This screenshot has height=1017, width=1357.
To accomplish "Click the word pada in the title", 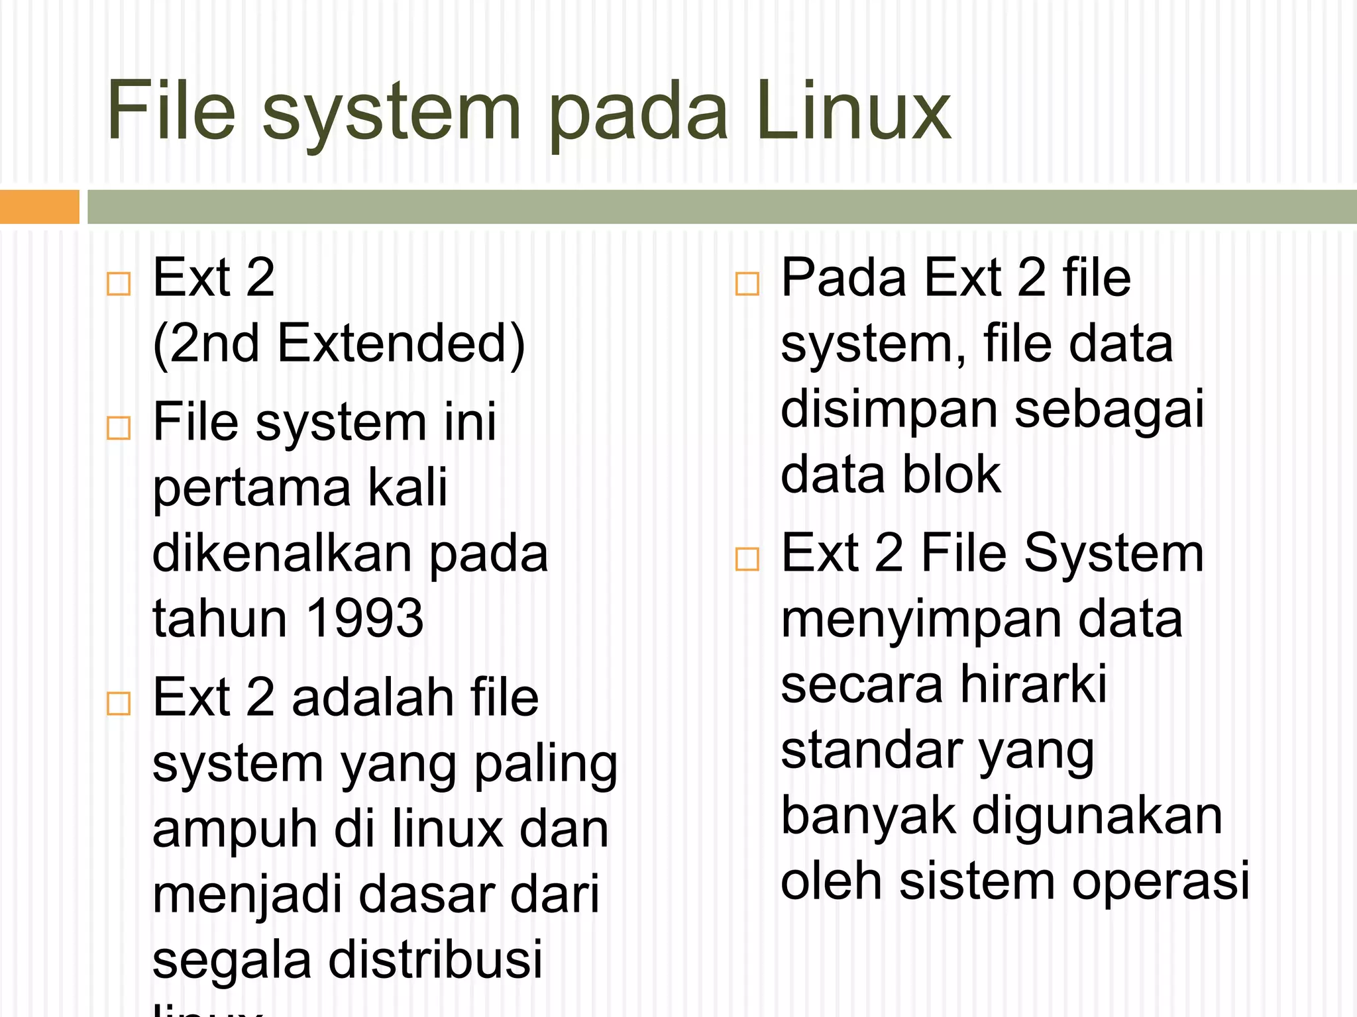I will tap(639, 113).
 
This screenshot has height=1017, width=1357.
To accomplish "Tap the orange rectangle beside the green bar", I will tap(39, 207).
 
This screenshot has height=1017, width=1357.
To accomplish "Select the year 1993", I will tap(365, 618).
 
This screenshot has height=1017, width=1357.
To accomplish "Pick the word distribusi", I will tap(435, 959).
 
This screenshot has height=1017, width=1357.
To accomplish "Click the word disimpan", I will tap(889, 410).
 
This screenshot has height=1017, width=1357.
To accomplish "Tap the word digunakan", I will tap(1097, 816).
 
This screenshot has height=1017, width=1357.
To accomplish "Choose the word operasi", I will tap(1160, 881).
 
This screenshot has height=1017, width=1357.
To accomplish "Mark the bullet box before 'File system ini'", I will tap(119, 428).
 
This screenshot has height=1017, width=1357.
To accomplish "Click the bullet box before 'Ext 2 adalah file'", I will tap(119, 703).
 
